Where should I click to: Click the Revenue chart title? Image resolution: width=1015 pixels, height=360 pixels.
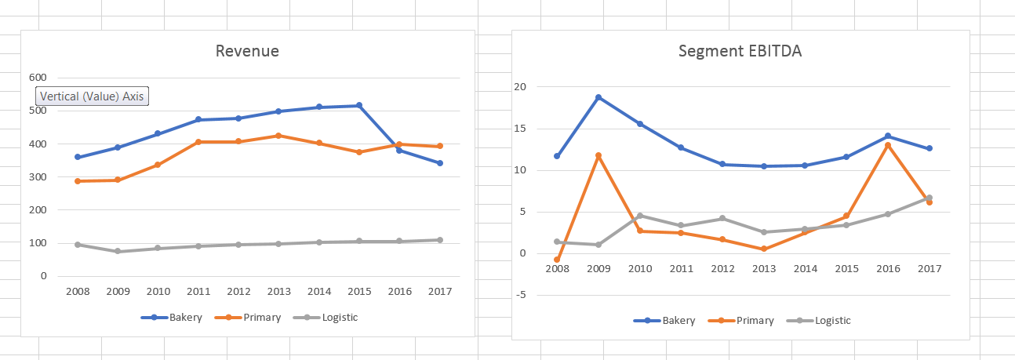click(247, 52)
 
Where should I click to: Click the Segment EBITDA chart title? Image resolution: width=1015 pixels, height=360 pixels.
click(740, 52)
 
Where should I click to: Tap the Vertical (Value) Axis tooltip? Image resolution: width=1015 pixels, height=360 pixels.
click(92, 96)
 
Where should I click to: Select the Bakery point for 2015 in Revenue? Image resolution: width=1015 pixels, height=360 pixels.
click(359, 105)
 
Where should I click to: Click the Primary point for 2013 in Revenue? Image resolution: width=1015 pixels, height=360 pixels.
click(278, 136)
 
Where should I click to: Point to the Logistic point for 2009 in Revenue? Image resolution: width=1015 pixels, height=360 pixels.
click(118, 252)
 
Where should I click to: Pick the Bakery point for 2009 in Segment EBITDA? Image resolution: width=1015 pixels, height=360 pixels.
click(598, 97)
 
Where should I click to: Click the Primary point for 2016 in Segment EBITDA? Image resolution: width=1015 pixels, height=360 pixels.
click(888, 145)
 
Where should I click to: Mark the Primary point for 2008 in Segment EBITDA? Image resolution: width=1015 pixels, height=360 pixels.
click(557, 260)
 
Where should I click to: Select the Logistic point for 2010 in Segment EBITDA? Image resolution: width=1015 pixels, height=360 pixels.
click(640, 216)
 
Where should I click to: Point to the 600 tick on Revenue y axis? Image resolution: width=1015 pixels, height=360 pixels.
click(38, 78)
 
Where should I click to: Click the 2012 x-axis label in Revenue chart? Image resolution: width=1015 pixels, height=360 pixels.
click(238, 292)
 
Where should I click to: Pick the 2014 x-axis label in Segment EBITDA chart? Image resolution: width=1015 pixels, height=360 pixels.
click(805, 269)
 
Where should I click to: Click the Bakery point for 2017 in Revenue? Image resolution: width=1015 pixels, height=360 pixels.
click(440, 163)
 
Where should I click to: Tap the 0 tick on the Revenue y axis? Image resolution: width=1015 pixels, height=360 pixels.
click(43, 276)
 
